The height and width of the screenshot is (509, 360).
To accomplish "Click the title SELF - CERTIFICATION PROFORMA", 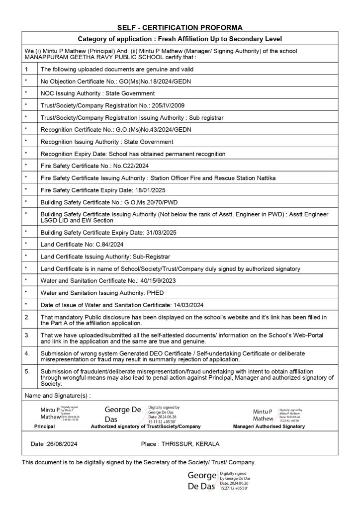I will (180, 28).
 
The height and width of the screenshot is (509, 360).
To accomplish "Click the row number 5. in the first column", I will (27, 371).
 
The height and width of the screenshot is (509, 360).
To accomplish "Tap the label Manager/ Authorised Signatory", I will (269, 426).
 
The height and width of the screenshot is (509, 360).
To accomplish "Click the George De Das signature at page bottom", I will (201, 481).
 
